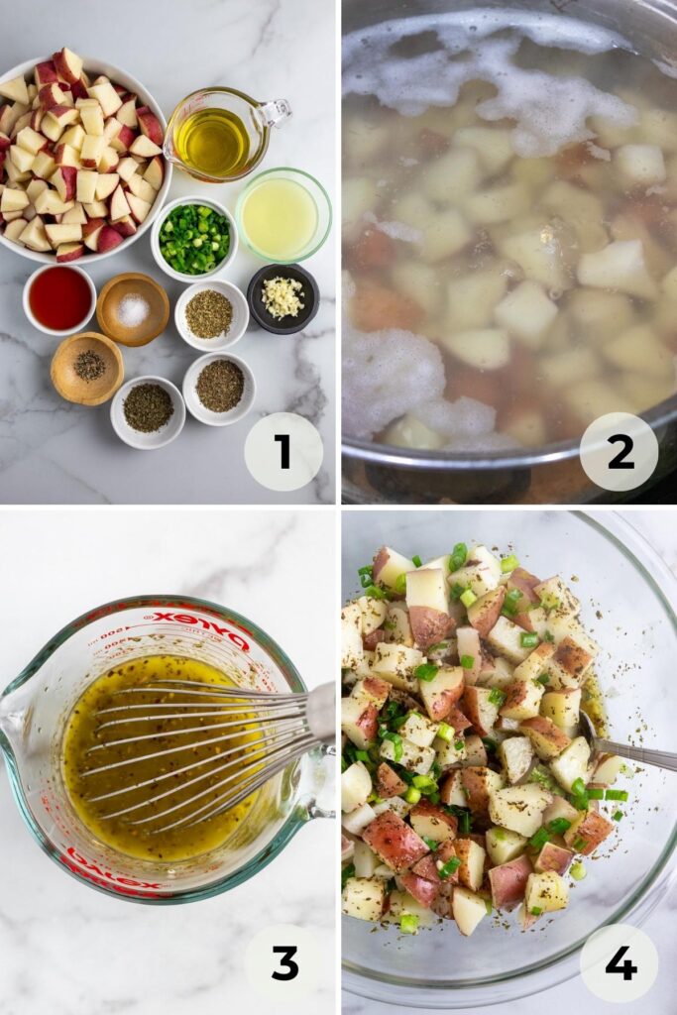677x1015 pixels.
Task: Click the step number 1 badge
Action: tap(283, 451)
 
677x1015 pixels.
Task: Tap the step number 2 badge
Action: tap(620, 451)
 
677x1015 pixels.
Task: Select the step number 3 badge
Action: tap(283, 962)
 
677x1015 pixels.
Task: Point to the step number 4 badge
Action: tap(620, 962)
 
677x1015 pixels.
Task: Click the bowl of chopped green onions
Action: tap(194, 239)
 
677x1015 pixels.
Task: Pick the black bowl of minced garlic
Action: tap(282, 297)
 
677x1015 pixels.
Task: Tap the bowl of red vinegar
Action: tap(59, 298)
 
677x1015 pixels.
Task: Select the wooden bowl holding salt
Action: tap(133, 309)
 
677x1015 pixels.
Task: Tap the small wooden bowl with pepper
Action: tap(87, 368)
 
